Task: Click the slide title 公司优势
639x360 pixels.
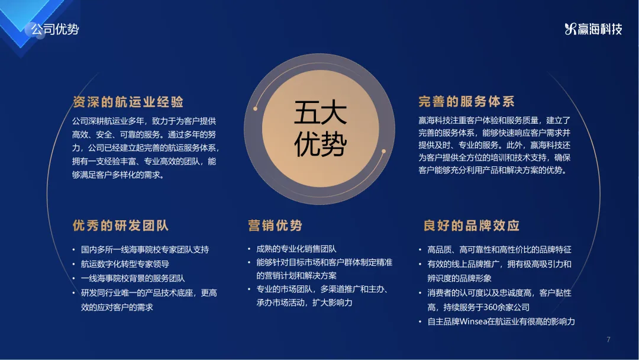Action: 55,30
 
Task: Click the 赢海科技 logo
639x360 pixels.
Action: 593,29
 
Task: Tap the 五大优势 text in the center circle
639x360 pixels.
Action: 320,128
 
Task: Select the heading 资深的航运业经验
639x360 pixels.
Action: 128,102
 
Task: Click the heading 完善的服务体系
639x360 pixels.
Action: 467,101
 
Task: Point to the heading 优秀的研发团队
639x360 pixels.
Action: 121,226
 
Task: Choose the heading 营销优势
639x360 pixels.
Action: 275,226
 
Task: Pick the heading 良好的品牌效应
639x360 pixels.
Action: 472,226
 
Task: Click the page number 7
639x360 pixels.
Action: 608,339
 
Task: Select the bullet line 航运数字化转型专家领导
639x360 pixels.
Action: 125,264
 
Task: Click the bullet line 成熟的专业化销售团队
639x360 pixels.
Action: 296,249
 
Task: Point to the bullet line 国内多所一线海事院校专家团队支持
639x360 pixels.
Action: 145,249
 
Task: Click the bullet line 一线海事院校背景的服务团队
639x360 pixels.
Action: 133,278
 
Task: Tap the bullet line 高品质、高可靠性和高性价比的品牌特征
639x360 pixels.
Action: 499,249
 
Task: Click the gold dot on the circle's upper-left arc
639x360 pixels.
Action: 256,108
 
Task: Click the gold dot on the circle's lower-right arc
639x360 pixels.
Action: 383,151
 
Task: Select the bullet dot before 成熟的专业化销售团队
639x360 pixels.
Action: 249,249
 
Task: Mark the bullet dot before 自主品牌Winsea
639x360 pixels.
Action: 420,322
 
